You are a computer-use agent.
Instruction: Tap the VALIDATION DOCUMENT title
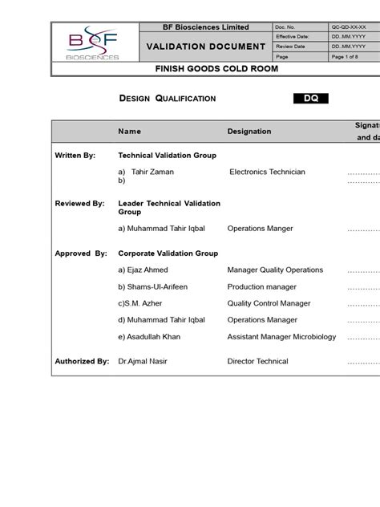point(205,47)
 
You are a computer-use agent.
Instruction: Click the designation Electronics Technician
point(267,172)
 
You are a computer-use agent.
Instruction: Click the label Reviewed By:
point(79,204)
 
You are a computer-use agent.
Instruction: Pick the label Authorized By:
point(82,362)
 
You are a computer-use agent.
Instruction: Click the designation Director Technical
point(257,362)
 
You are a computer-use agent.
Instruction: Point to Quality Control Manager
point(269,303)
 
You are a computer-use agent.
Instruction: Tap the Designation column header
point(249,131)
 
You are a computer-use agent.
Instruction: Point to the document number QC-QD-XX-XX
point(350,27)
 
